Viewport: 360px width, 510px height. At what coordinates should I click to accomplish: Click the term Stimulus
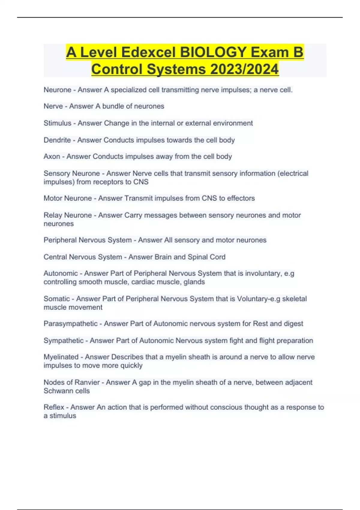coord(57,123)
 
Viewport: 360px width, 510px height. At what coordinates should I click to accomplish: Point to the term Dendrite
coord(57,140)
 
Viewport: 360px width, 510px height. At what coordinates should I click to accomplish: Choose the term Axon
coord(52,157)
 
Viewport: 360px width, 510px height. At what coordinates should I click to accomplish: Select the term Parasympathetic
coord(70,324)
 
